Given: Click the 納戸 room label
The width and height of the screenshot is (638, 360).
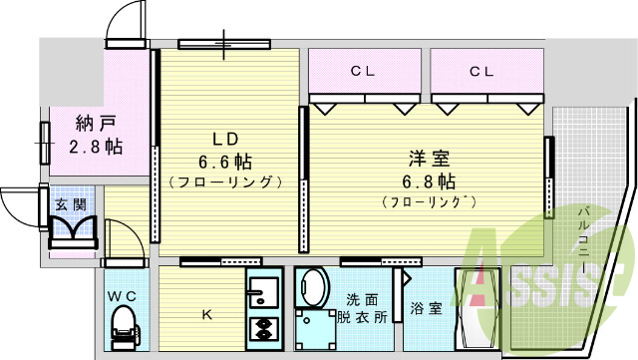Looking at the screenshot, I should click(96, 125).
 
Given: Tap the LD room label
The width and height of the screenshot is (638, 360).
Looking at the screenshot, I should click(224, 138).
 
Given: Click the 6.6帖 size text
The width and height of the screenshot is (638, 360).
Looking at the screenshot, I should click(224, 160).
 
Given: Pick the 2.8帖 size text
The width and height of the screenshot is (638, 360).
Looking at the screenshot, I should click(96, 147).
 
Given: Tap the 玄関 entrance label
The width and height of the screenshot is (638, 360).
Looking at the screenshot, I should click(69, 203).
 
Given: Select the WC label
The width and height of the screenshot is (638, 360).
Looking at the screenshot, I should click(123, 296).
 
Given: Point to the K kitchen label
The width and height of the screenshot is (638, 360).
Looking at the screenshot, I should click(207, 315).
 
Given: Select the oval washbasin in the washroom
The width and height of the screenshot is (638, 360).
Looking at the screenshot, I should click(314, 289).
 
